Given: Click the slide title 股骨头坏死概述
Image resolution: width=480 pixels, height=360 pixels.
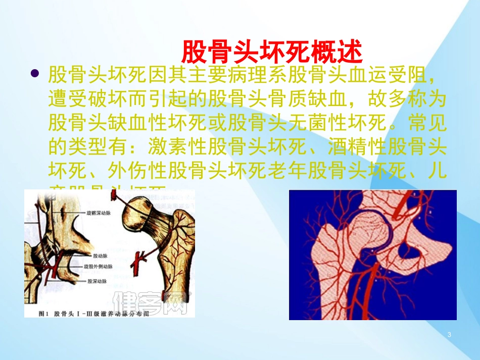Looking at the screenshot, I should (x=271, y=50).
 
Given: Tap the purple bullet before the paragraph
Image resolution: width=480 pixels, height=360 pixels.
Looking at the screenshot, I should (x=35, y=74).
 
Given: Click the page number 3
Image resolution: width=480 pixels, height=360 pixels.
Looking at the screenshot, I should (x=449, y=335).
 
